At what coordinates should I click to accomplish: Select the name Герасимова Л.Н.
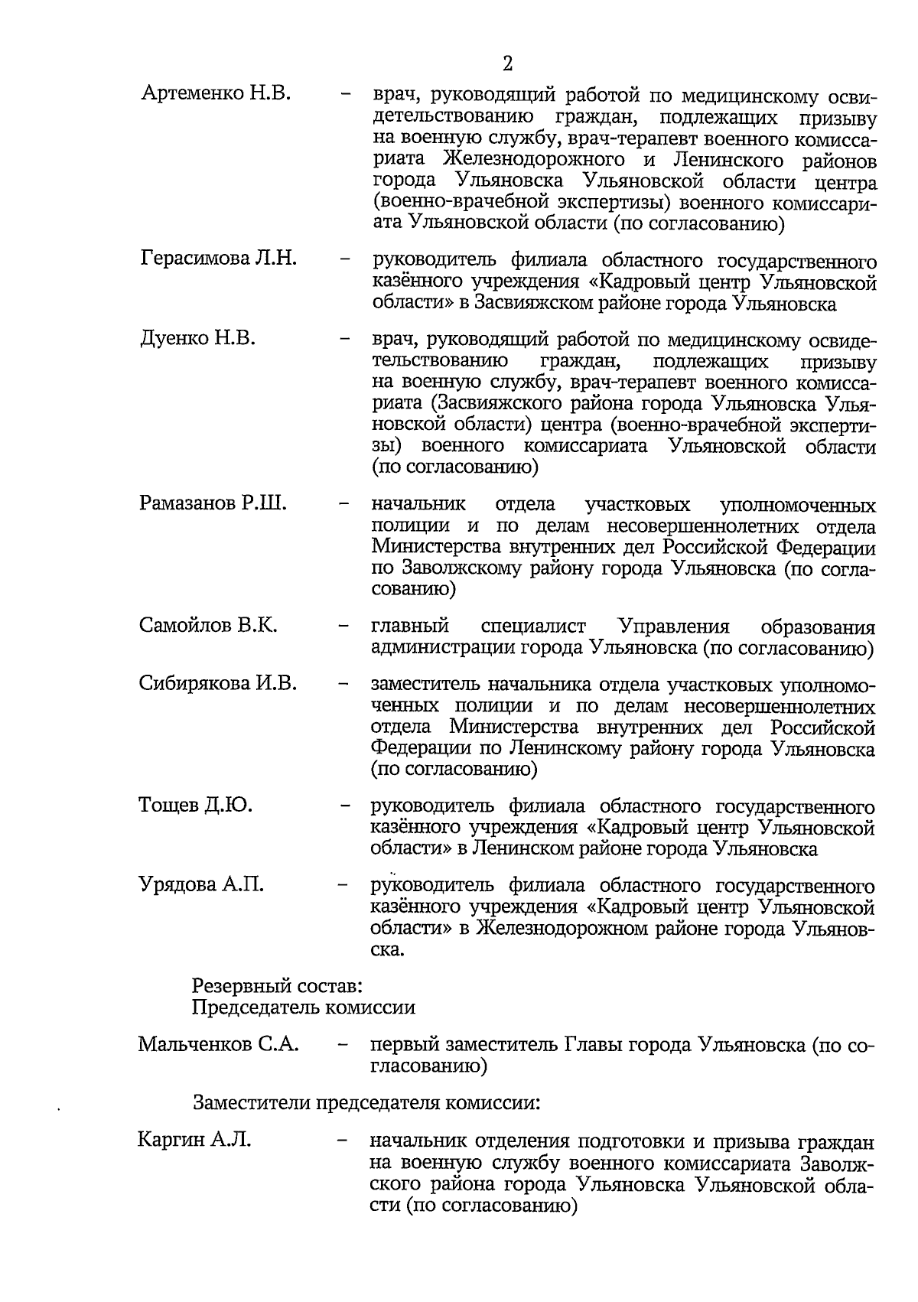pyautogui.click(x=219, y=259)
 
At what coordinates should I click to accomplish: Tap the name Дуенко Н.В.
pyautogui.click(x=198, y=338)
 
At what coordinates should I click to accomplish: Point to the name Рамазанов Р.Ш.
pyautogui.click(x=213, y=503)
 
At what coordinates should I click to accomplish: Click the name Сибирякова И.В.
pyautogui.click(x=218, y=683)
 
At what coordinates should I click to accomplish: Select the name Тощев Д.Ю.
pyautogui.click(x=196, y=805)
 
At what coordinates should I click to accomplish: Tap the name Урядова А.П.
pyautogui.click(x=201, y=884)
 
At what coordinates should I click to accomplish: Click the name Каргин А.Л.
pyautogui.click(x=194, y=1141)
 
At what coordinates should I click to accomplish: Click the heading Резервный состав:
pyautogui.click(x=278, y=986)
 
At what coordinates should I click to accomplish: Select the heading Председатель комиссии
pyautogui.click(x=303, y=1007)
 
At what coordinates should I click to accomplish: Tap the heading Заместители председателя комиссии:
pyautogui.click(x=366, y=1103)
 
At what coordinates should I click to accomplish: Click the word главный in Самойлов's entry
pyautogui.click(x=410, y=627)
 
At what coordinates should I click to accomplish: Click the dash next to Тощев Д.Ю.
pyautogui.click(x=346, y=806)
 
